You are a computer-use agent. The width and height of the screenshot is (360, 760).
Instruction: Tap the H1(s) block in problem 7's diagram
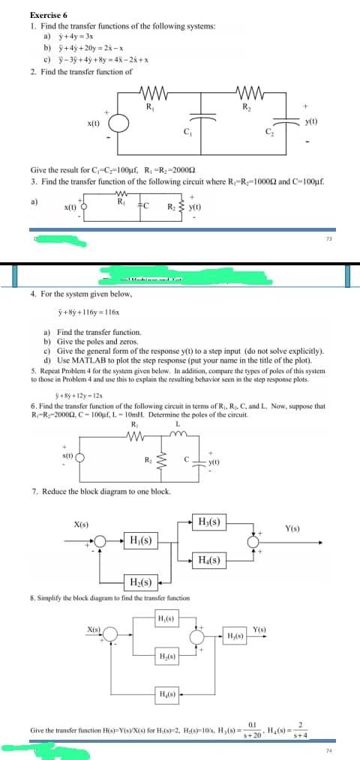click(142, 520)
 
